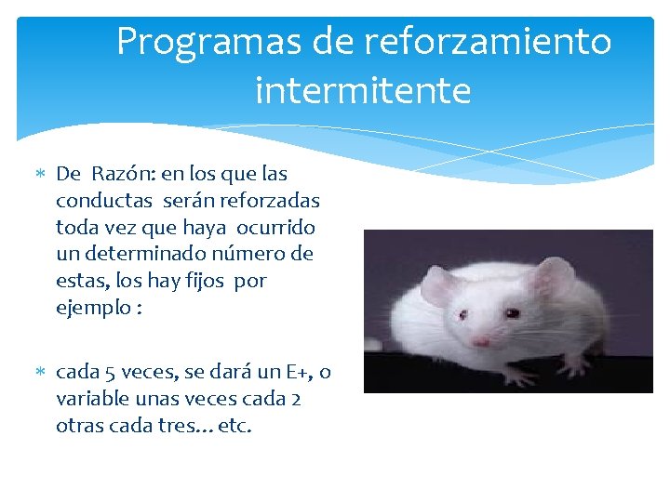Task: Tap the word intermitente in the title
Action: pos(363,91)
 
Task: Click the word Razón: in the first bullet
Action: pos(123,174)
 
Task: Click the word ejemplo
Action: pos(91,308)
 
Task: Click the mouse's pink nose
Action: pos(480,342)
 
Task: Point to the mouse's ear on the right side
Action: pos(556,276)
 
